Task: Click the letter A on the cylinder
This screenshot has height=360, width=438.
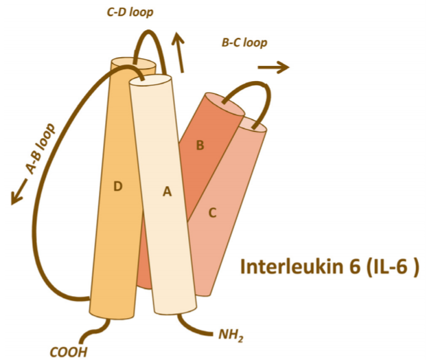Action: point(165,193)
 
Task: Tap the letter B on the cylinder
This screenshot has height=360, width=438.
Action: point(200,146)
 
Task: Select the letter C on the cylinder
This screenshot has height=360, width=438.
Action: point(212,213)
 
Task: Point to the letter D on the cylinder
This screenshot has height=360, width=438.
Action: point(117,185)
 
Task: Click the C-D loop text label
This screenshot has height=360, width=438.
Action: point(130,11)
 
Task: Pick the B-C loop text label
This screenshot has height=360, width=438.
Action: point(244,43)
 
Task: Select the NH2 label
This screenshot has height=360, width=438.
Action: point(231,336)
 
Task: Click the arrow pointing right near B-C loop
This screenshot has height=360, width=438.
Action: point(273,67)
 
